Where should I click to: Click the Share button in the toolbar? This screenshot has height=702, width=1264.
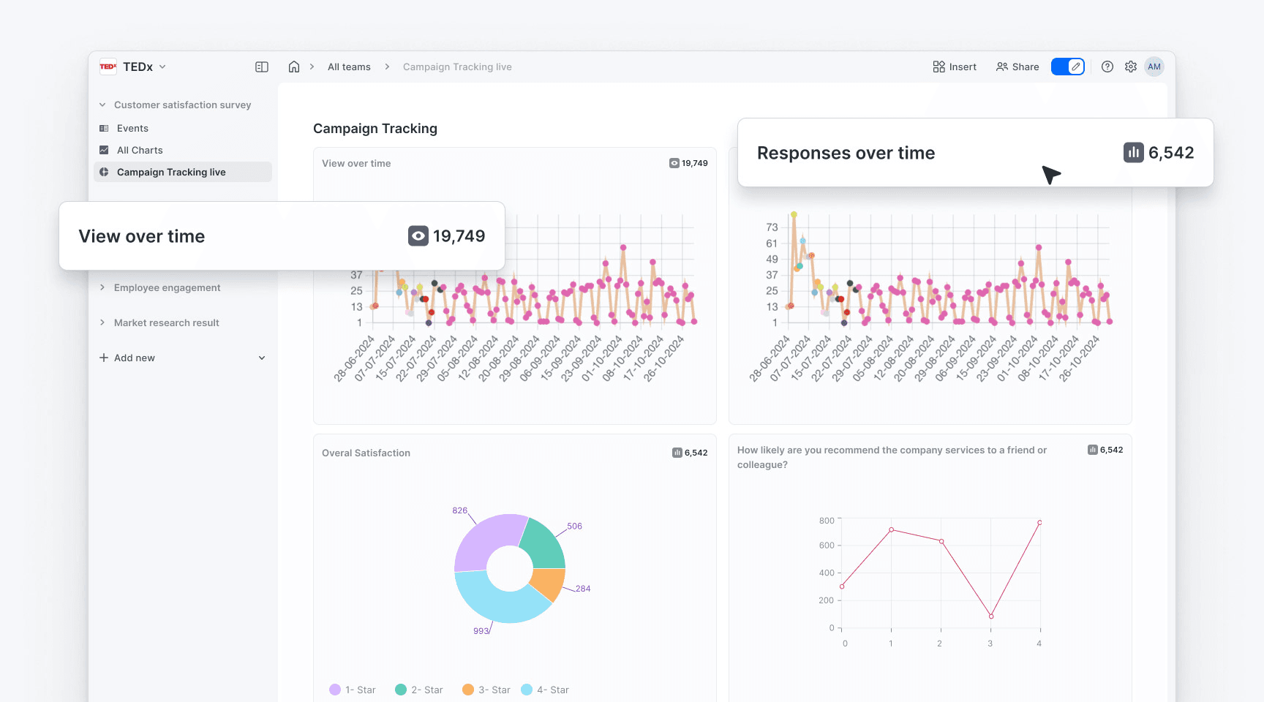pyautogui.click(x=1017, y=67)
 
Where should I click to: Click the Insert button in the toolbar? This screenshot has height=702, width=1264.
pyautogui.click(x=955, y=67)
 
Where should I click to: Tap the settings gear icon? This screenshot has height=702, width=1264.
pyautogui.click(x=1131, y=67)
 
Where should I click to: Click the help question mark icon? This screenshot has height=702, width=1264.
pyautogui.click(x=1107, y=67)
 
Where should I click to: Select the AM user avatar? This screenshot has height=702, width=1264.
pyautogui.click(x=1154, y=67)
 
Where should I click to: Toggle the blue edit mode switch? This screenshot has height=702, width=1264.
pyautogui.click(x=1068, y=67)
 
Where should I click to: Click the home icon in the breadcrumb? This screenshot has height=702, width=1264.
pyautogui.click(x=294, y=67)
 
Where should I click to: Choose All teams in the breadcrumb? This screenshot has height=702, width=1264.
pyautogui.click(x=349, y=67)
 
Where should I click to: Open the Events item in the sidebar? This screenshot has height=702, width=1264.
pyautogui.click(x=132, y=128)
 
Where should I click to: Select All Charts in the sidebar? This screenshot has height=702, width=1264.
pyautogui.click(x=140, y=150)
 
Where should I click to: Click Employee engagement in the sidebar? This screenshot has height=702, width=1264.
pyautogui.click(x=167, y=287)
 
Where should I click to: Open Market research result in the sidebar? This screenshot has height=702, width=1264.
pyautogui.click(x=166, y=322)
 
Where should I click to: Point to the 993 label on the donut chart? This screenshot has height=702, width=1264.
pyautogui.click(x=481, y=631)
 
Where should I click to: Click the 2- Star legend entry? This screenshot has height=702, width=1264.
pyautogui.click(x=419, y=690)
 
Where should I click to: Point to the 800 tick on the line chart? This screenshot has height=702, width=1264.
pyautogui.click(x=827, y=521)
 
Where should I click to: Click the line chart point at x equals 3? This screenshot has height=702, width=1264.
pyautogui.click(x=991, y=616)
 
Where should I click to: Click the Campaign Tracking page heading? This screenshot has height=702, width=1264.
pyautogui.click(x=375, y=129)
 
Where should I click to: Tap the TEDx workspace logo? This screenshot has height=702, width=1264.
pyautogui.click(x=108, y=67)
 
